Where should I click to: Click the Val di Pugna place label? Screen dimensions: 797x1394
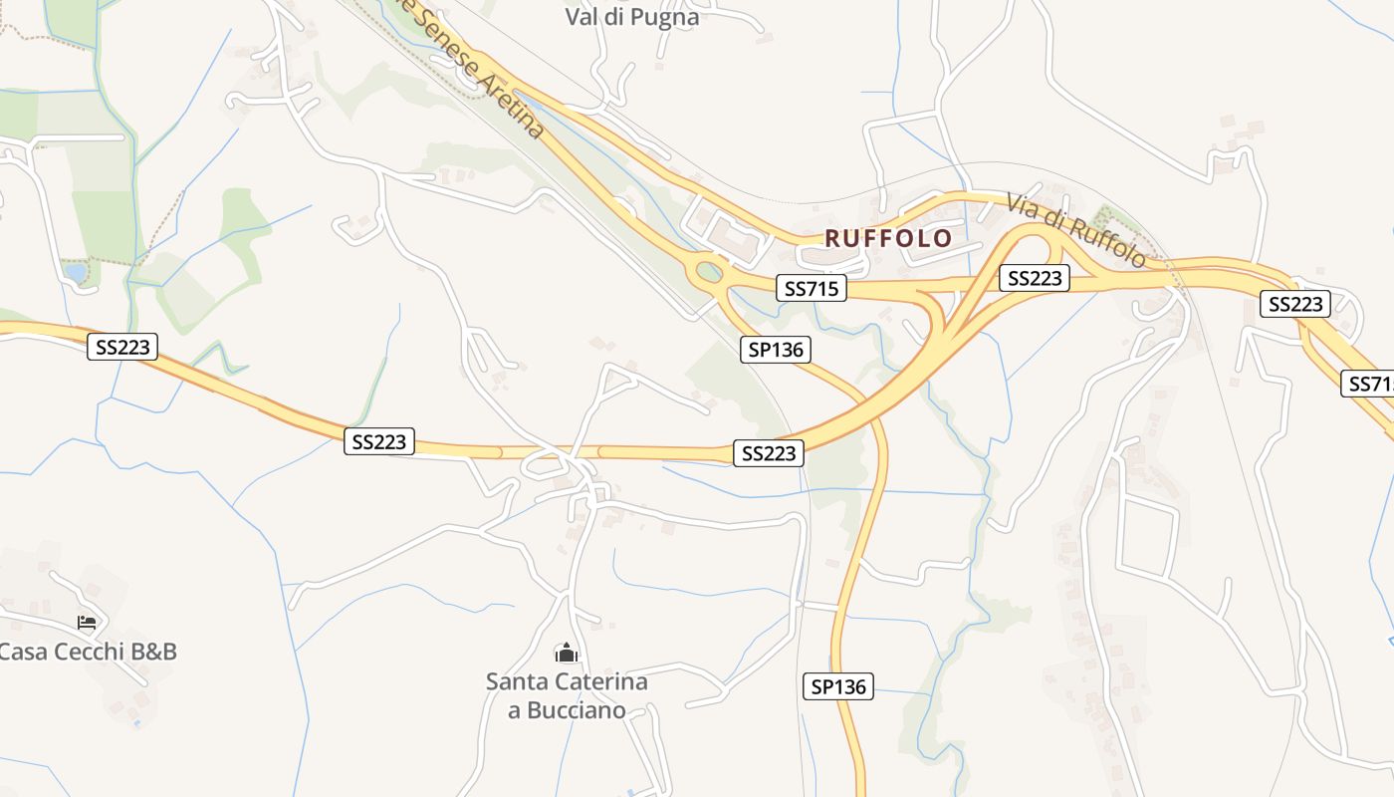[632, 17]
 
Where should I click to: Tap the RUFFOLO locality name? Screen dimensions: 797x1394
[888, 239]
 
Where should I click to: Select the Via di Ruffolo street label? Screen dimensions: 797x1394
[1075, 230]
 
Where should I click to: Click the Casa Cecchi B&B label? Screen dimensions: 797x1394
[88, 652]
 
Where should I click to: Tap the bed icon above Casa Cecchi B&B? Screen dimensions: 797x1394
[87, 623]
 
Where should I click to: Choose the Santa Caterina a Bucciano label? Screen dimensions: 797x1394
[567, 695]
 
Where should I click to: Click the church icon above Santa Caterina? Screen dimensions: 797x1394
[567, 654]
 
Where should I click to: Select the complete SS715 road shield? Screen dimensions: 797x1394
[812, 289]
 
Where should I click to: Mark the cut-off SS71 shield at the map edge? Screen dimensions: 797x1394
[1369, 384]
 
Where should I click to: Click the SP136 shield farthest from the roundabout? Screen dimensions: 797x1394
[838, 686]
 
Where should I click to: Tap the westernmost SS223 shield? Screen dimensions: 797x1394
[122, 347]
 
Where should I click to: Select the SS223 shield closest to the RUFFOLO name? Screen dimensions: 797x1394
[1035, 278]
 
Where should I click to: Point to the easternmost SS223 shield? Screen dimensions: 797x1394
[1295, 304]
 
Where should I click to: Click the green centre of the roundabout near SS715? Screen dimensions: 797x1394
[709, 271]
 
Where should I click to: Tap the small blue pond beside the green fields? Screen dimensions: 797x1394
[75, 272]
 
